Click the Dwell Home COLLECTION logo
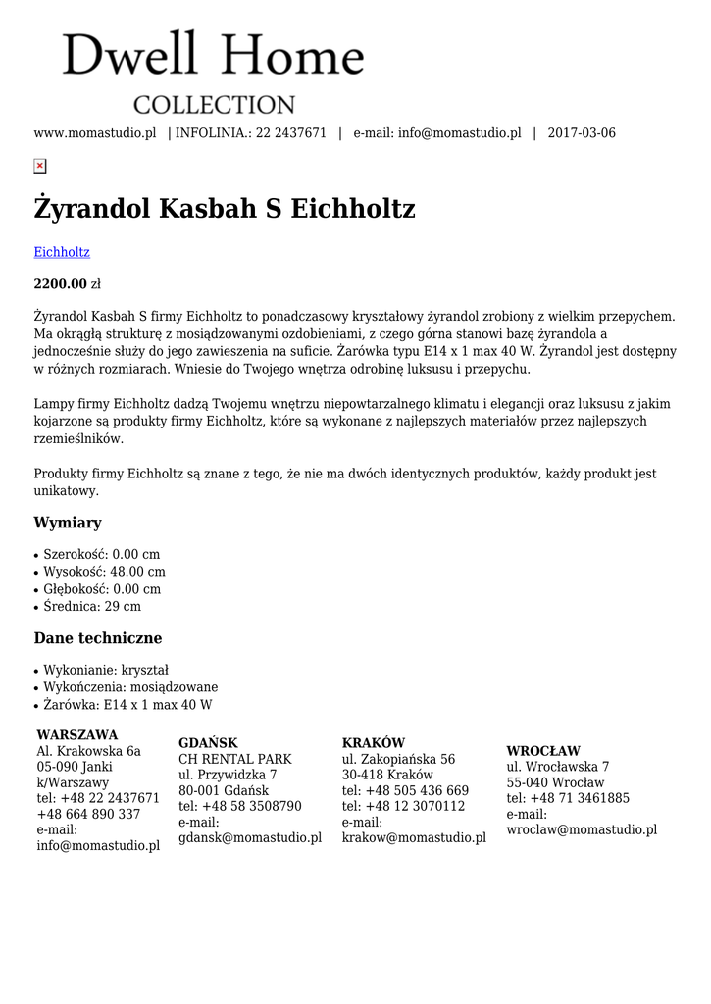click(x=214, y=72)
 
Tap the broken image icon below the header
click(x=40, y=167)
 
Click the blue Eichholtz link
click(x=62, y=252)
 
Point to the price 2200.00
click(x=61, y=284)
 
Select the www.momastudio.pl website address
click(x=95, y=133)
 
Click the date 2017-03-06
click(x=582, y=133)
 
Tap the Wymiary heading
click(x=68, y=523)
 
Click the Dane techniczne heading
click(x=98, y=638)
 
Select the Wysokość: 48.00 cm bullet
click(x=104, y=572)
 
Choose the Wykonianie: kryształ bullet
click(x=106, y=670)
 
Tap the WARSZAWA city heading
click(x=77, y=735)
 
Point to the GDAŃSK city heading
click(x=208, y=743)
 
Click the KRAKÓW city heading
click(x=374, y=743)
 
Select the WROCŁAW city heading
click(x=543, y=751)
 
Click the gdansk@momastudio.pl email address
click(x=250, y=837)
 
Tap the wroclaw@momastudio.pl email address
click(x=582, y=829)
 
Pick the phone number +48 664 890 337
click(x=88, y=814)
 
